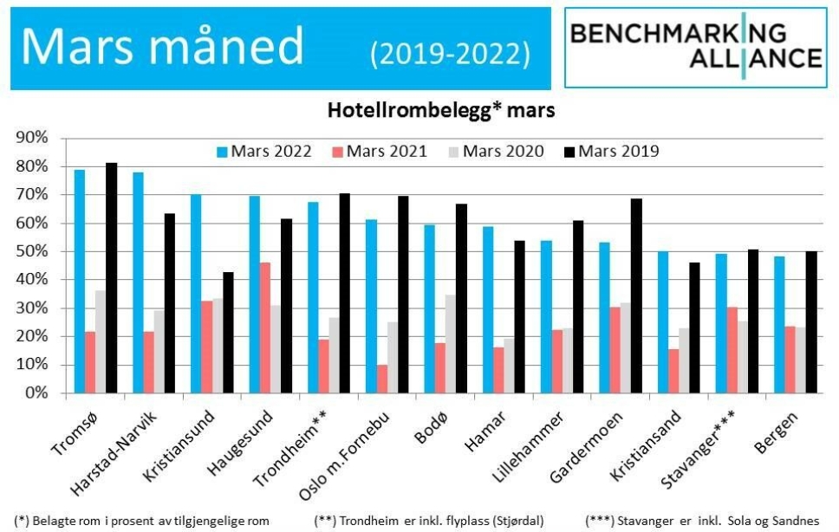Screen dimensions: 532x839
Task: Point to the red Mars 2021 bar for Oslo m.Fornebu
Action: pos(382,379)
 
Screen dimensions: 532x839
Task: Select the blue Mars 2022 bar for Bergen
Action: pos(778,325)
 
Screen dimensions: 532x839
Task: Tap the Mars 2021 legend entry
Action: pos(379,152)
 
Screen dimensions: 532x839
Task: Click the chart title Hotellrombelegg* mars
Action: pos(440,111)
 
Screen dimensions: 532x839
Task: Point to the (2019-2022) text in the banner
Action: pos(450,54)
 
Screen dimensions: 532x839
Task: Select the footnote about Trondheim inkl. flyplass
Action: pos(429,521)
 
